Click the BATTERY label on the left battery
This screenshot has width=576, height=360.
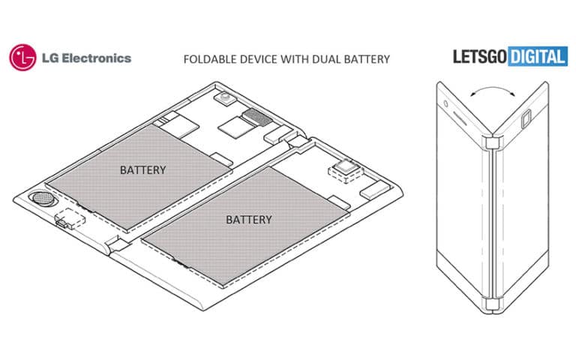142,170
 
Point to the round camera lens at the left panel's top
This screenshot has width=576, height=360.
223,98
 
